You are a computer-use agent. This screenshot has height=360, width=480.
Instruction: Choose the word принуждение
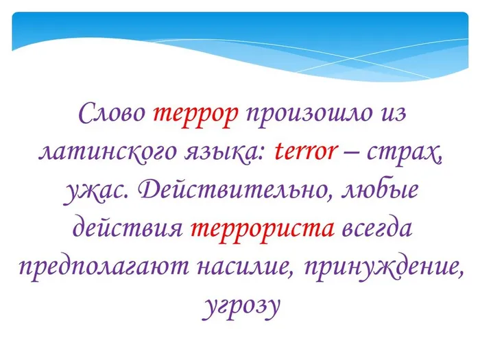tap(380, 267)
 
